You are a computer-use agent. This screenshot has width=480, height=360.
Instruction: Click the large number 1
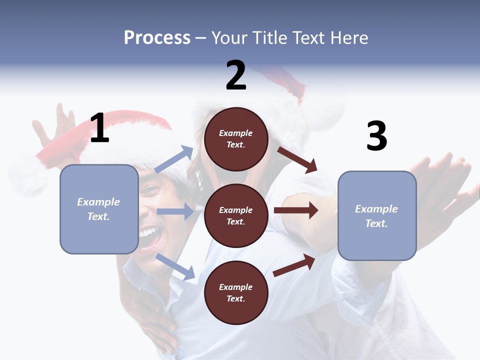coord(99,128)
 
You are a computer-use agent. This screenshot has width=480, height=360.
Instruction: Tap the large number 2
coord(236,76)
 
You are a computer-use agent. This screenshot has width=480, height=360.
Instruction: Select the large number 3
coord(376,136)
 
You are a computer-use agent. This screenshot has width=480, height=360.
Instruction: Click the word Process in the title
coord(157,37)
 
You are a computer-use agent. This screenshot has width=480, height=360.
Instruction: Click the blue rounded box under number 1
coord(99,209)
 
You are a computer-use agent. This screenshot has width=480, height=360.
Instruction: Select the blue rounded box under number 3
coord(377,216)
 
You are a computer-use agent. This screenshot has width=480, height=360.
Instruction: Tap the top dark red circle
coord(236,139)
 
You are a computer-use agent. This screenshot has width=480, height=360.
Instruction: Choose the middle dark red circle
coord(236,215)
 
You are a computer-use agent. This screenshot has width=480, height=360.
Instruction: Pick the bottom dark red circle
coord(236,292)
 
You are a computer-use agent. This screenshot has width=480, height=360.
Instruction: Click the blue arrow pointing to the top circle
coord(174,159)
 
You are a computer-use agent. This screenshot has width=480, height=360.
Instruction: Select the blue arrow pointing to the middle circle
coord(175,211)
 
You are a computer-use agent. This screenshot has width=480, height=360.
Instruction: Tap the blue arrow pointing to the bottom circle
coord(175,266)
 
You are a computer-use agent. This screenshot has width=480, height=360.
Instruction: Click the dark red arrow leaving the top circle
coord(297,160)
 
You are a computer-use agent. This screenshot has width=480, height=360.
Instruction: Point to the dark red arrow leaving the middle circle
coord(296,210)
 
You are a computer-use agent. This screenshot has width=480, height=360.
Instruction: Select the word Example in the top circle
coord(236,133)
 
